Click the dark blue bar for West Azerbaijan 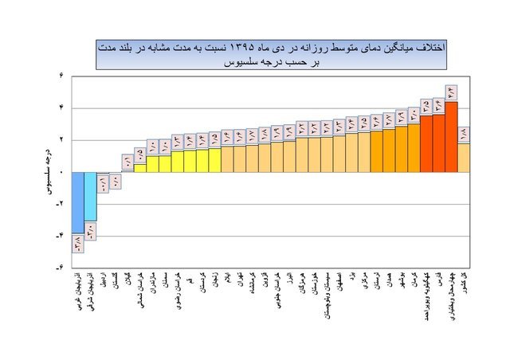77,202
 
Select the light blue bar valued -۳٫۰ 90,196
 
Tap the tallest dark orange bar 451,136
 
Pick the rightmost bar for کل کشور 463,158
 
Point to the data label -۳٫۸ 77,243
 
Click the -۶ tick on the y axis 60,268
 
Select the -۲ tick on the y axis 60,204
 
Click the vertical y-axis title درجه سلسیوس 48,172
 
